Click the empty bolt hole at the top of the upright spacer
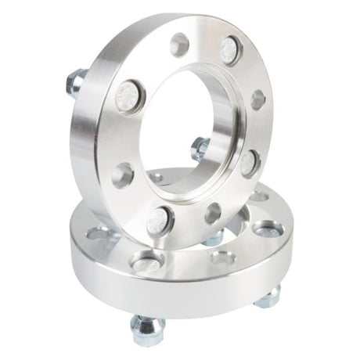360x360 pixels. click(179, 45)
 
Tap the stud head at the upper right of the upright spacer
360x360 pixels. click(229, 51)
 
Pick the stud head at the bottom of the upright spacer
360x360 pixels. click(160, 218)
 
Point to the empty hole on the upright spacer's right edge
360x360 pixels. click(257, 99)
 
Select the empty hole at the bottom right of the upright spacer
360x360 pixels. click(213, 212)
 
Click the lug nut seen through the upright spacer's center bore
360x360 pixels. click(200, 147)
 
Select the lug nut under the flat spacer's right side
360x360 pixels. click(268, 297)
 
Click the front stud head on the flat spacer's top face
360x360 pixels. click(147, 264)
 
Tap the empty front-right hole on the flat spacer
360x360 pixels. click(223, 257)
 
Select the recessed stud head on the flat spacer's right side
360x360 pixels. click(268, 230)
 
